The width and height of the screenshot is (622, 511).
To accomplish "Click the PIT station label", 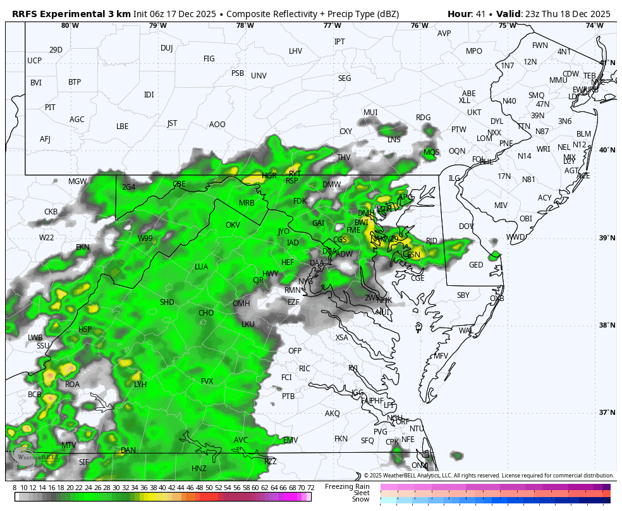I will [50, 108].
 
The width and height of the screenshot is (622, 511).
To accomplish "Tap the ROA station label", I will [73, 384].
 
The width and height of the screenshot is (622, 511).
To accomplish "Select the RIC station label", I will [305, 369].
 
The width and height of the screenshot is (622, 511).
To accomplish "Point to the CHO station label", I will [206, 313].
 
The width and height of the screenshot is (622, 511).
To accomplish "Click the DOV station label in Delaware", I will [466, 226].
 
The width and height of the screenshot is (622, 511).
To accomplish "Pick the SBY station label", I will [463, 295].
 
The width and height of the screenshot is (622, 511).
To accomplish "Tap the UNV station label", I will [259, 76].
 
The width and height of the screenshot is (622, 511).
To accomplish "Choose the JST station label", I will [172, 123].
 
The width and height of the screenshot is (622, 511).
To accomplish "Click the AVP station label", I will [444, 34].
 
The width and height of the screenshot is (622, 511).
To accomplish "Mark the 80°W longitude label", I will [70, 25].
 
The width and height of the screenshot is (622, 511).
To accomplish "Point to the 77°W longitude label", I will [332, 25].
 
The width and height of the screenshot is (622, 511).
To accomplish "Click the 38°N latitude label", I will [607, 325].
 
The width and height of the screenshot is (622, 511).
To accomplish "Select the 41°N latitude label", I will [607, 63].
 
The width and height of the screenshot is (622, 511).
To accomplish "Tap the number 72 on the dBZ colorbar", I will [310, 488].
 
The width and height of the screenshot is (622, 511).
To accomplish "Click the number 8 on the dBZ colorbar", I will [15, 488].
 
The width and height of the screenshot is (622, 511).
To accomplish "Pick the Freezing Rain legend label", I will [347, 486].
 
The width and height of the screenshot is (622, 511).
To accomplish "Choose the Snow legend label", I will [360, 500].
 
